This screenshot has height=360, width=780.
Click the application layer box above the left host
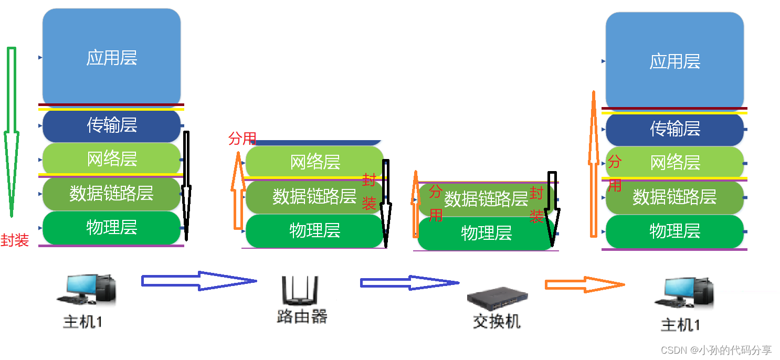[x=111, y=58]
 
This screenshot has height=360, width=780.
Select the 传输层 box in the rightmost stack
[x=675, y=129]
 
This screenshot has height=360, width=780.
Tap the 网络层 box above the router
[x=315, y=162]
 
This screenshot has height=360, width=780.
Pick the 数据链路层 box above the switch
[x=486, y=199]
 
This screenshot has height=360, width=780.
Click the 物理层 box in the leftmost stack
[x=111, y=227]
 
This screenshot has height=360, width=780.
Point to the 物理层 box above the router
[x=315, y=230]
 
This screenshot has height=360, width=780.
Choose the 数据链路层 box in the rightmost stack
[x=674, y=197]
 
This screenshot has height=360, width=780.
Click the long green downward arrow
[x=11, y=131]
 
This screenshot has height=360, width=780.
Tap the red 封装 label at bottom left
[x=15, y=240]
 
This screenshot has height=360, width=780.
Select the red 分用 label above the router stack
[x=242, y=139]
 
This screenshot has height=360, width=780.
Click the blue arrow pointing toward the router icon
[x=198, y=281]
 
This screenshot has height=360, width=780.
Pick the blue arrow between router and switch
[x=409, y=283]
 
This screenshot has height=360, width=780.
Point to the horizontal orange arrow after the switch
[x=584, y=284]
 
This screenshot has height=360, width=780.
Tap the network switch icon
[x=496, y=300]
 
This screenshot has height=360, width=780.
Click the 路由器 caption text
[x=302, y=316]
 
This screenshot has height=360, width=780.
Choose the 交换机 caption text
[x=497, y=321]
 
